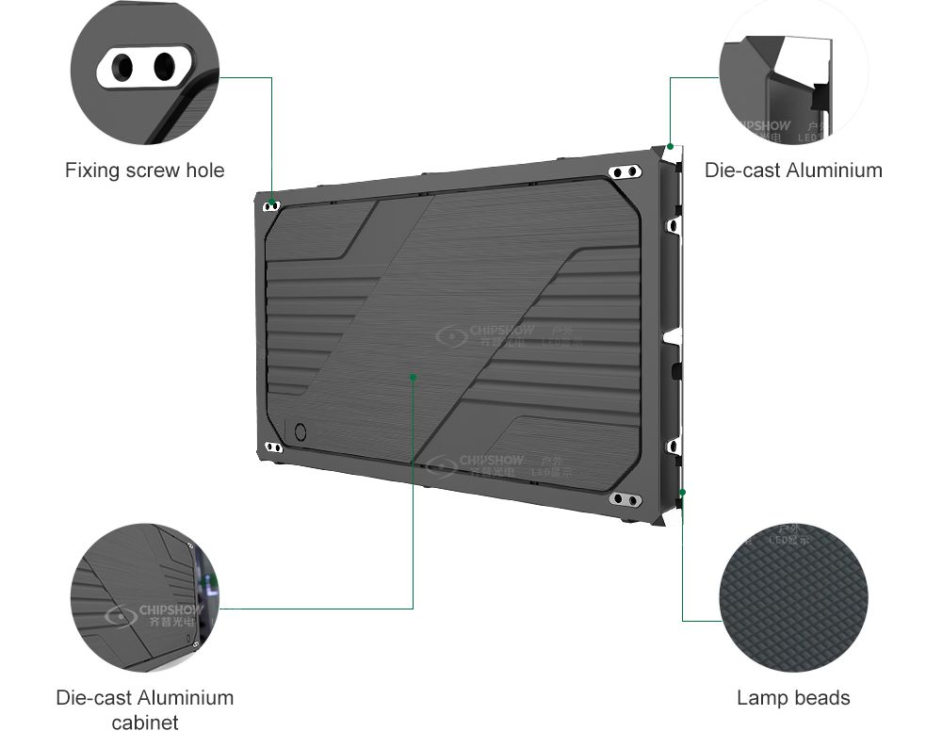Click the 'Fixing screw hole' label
144,171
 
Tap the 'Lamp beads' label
793,698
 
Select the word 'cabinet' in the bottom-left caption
144,723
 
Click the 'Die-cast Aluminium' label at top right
793,171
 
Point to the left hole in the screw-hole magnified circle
124,67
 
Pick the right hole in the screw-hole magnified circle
164,66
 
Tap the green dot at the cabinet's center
414,377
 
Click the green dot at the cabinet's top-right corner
670,146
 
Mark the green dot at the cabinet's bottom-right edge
683,492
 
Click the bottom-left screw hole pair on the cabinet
273,447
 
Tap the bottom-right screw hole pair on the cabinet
625,498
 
